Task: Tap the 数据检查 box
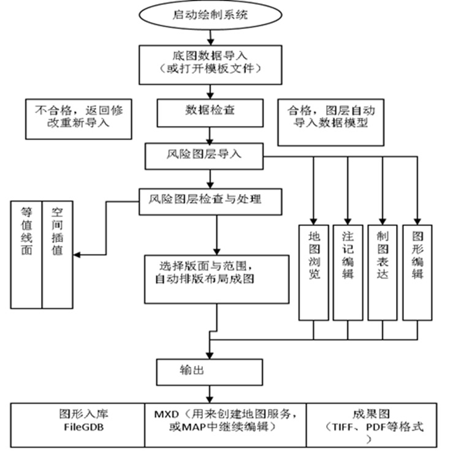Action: click(210, 112)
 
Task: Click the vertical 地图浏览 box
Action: click(314, 272)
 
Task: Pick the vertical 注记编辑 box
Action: click(348, 272)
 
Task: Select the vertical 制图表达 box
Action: click(383, 272)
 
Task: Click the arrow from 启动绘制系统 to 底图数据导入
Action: click(210, 36)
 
